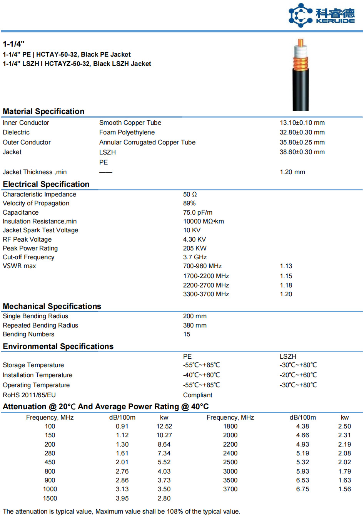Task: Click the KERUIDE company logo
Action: click(x=322, y=15)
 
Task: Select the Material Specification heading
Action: click(x=43, y=111)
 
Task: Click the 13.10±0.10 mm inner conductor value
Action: click(x=302, y=123)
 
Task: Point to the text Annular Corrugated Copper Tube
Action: click(x=147, y=142)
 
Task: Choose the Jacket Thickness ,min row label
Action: click(x=35, y=172)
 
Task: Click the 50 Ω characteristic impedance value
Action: click(x=190, y=194)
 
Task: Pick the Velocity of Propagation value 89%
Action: click(x=189, y=203)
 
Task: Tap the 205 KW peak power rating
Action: click(x=195, y=248)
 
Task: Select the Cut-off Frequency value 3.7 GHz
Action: click(x=195, y=257)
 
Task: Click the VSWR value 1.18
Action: click(x=286, y=285)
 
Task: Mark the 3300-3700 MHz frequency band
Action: click(x=206, y=294)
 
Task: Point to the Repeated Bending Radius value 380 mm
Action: click(x=195, y=325)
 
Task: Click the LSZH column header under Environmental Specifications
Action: click(x=288, y=356)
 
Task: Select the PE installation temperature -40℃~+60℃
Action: click(x=202, y=375)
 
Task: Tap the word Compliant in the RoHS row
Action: click(x=197, y=395)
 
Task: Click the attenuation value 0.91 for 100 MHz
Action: click(x=122, y=426)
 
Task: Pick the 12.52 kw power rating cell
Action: click(x=164, y=426)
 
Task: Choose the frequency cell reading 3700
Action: click(x=230, y=489)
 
